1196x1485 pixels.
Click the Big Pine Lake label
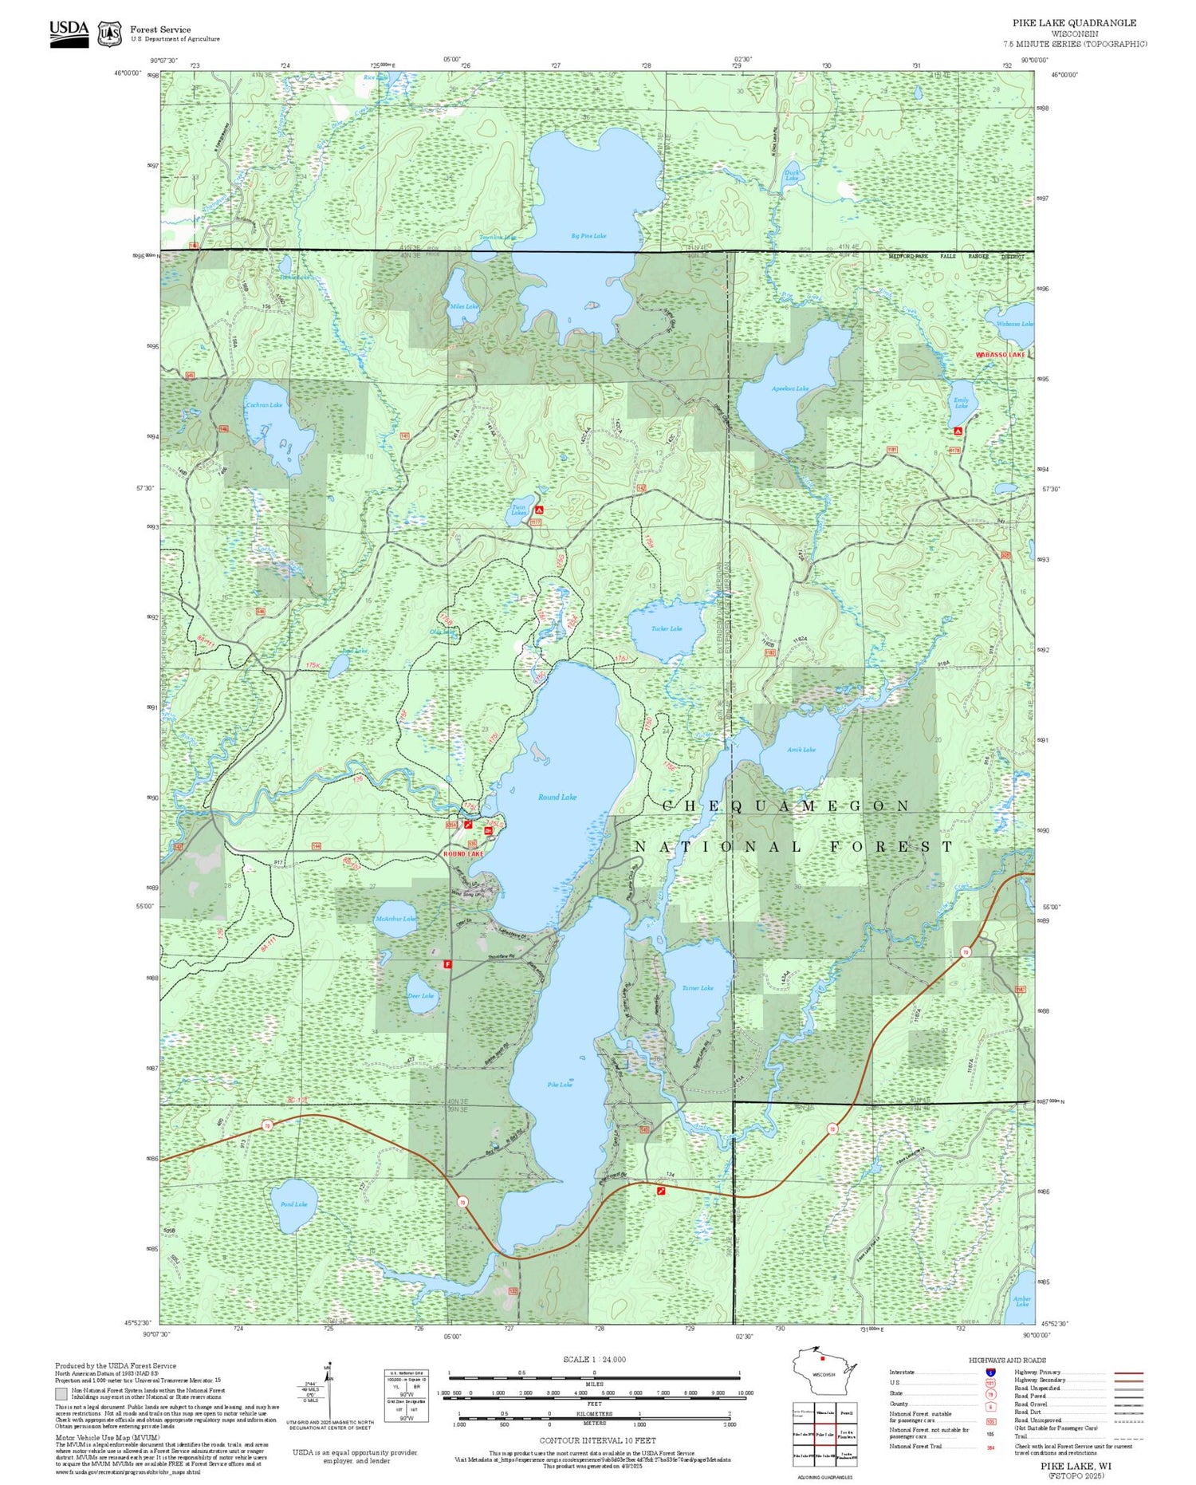pos(588,236)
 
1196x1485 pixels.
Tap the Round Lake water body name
pos(557,797)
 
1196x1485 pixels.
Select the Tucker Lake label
pos(667,628)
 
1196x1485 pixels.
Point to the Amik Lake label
pos(801,750)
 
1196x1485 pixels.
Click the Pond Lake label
pos(293,1204)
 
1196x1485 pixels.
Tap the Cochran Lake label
pos(264,405)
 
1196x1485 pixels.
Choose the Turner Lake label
pos(698,988)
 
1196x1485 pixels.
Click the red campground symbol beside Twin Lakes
pos(539,510)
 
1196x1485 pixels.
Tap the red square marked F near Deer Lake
pos(447,963)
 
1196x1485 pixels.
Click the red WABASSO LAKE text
pos(1001,354)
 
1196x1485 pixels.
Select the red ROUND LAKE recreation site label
pos(463,854)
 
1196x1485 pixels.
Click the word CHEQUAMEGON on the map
pos(786,806)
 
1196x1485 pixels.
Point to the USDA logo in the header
pos(69,33)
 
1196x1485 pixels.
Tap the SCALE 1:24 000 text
pos(594,1360)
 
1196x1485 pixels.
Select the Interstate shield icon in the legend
pos(990,1372)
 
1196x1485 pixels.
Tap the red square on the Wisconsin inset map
pos(822,1359)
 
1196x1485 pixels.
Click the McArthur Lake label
pos(395,919)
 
